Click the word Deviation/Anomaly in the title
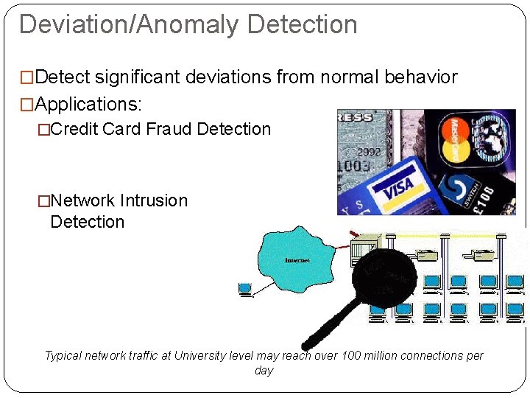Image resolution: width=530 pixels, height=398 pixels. click(x=130, y=24)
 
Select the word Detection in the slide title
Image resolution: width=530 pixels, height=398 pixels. click(x=303, y=24)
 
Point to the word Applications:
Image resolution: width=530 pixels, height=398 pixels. click(x=99, y=103)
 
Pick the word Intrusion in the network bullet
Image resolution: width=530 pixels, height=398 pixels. click(x=154, y=200)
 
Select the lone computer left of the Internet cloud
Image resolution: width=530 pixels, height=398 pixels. click(x=245, y=289)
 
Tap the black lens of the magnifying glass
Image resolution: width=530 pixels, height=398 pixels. click(x=384, y=274)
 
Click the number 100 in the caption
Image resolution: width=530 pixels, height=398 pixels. click(x=352, y=356)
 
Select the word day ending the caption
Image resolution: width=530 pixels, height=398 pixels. click(x=264, y=371)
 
